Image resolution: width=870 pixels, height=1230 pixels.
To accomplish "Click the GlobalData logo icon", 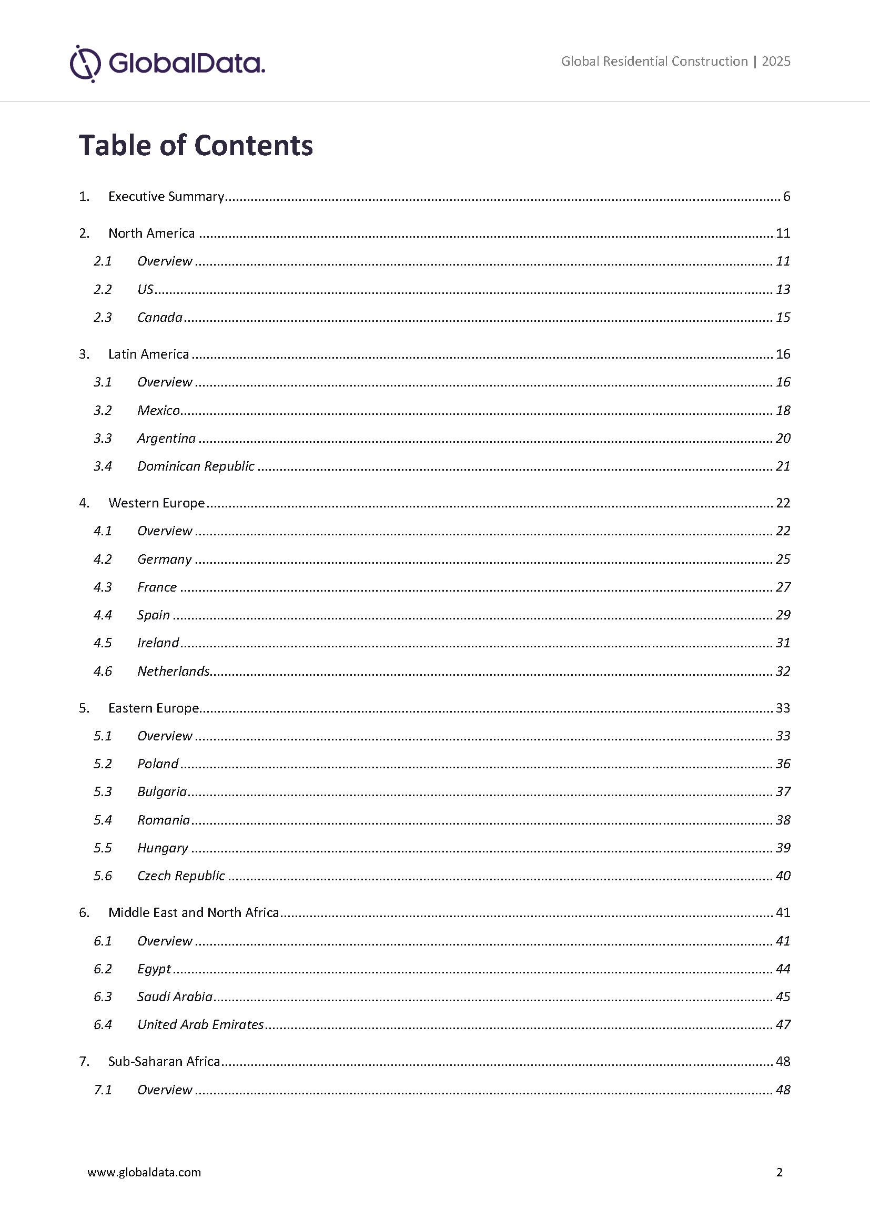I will coord(85,64).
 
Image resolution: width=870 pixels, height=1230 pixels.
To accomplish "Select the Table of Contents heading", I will coord(196,145).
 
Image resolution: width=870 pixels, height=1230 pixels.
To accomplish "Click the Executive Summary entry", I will coord(166,197).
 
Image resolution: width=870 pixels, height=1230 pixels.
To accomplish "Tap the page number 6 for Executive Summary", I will coord(786,197).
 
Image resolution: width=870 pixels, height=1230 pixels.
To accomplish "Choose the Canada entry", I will coord(160,317).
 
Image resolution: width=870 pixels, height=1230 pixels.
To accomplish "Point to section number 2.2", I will coord(103,289).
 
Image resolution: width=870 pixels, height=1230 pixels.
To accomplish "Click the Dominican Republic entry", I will coord(196,466).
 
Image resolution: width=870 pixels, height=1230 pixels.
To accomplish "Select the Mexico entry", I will coord(158,410).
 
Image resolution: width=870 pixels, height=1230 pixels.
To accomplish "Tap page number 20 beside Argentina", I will coord(783,438).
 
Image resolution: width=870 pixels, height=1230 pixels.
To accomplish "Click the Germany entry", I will coord(165,560).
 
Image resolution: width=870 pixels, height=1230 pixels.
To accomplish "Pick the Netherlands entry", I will coord(173,671).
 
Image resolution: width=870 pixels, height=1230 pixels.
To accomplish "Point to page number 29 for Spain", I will coord(783,615).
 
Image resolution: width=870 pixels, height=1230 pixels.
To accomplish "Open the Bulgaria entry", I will coord(162,792).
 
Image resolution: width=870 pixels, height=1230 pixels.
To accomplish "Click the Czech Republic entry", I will coord(181,876).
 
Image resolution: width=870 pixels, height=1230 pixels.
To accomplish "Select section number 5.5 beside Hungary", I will coord(103,848).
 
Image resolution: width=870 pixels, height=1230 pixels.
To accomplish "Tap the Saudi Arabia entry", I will coord(175,997).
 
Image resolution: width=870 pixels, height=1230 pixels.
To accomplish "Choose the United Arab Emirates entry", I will coord(200,1024).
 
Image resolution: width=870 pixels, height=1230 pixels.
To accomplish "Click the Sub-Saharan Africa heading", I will coord(164,1061).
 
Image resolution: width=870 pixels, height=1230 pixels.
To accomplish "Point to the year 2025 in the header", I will coord(776,62).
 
